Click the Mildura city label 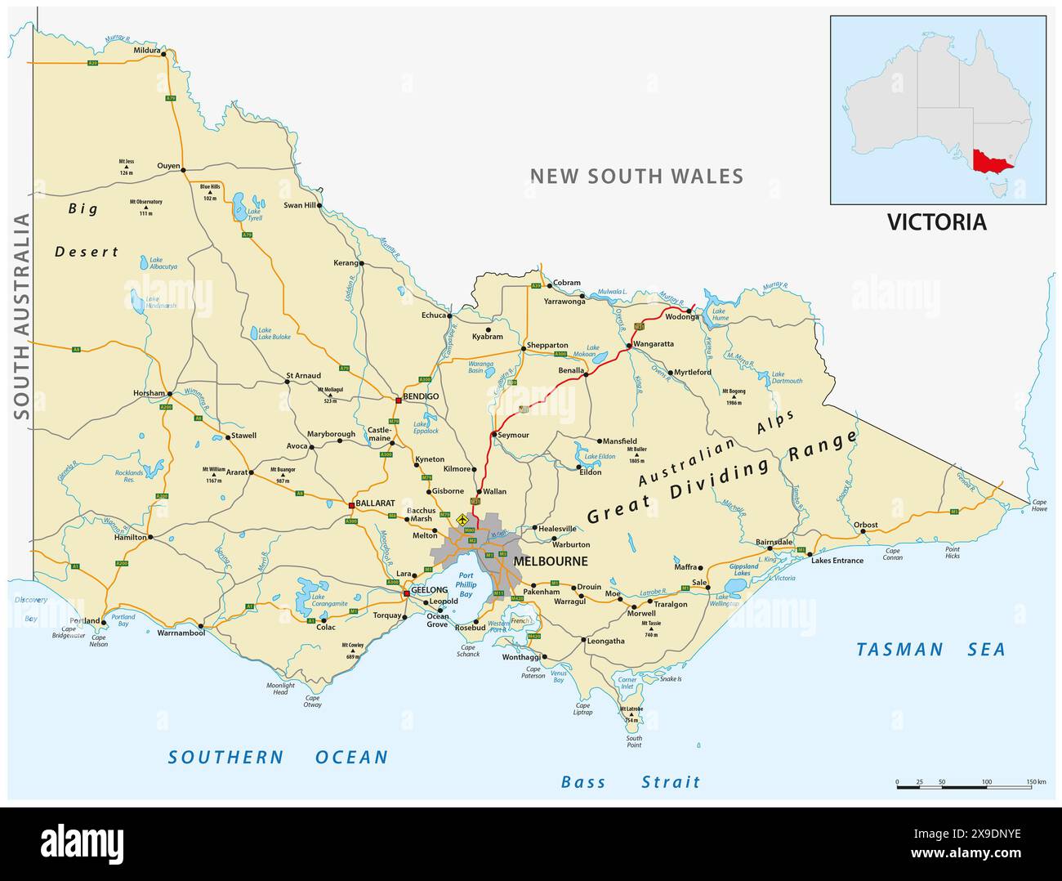coord(146,49)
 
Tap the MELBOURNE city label coord(550,561)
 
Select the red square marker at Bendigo coord(398,400)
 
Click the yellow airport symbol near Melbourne coord(463,519)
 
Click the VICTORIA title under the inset coord(936,222)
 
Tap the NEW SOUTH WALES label coord(636,176)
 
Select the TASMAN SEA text coord(930,650)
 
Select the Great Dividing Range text coord(722,477)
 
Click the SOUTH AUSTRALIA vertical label coord(22,316)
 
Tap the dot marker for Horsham coord(169,393)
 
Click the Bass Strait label coord(630,782)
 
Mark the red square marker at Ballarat coord(351,504)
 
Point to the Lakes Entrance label coord(837,560)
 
